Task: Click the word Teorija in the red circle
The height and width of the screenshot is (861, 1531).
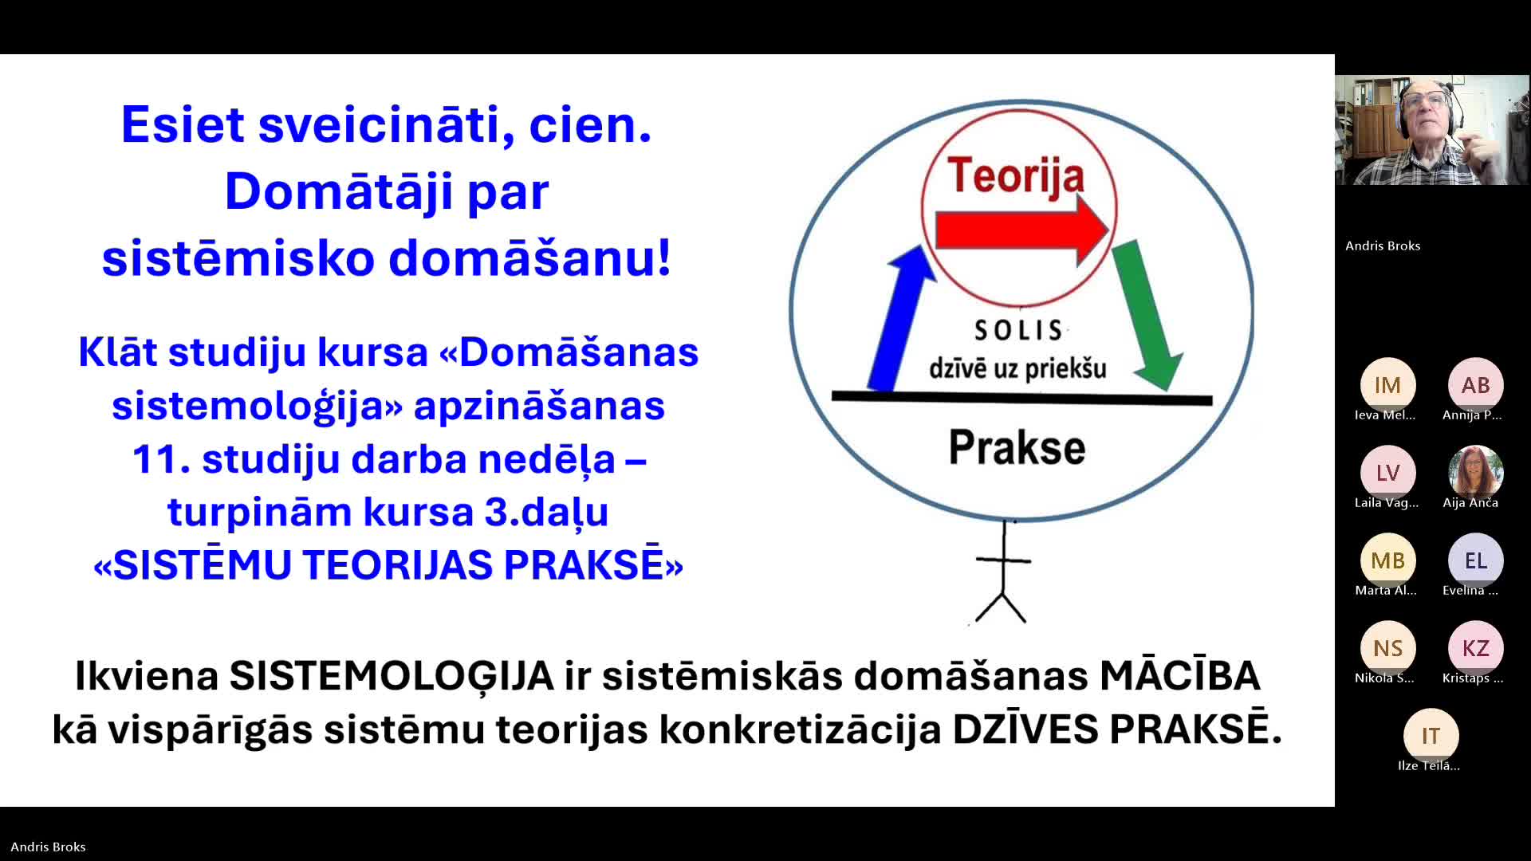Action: click(1016, 177)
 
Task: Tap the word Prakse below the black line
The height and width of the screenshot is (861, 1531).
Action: click(1017, 447)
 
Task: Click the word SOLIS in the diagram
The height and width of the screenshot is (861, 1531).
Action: click(1018, 330)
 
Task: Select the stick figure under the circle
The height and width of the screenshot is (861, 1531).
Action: click(1002, 572)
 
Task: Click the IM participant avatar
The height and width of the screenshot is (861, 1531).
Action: click(1387, 385)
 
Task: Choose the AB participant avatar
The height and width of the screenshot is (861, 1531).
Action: click(1475, 385)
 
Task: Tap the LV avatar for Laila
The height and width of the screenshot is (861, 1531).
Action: click(1387, 473)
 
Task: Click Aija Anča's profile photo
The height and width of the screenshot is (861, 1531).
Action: click(1475, 473)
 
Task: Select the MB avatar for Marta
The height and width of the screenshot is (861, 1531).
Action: click(1387, 560)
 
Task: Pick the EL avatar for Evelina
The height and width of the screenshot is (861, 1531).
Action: click(1475, 560)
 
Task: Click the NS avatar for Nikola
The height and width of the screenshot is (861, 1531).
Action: click(1387, 648)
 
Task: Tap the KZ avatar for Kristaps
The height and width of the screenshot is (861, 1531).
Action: click(1475, 648)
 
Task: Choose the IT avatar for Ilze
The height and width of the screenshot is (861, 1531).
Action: click(1431, 736)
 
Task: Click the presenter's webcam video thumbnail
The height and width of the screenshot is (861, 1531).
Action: click(1432, 130)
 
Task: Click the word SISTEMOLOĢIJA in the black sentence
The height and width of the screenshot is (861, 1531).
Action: click(392, 676)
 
